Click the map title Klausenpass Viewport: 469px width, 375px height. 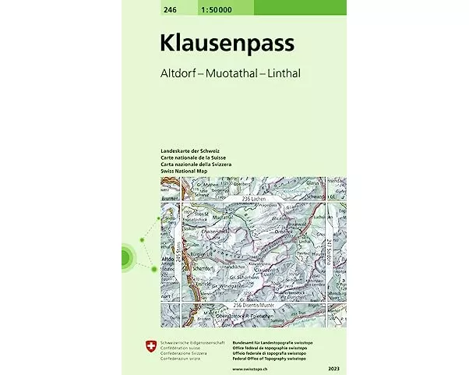227,43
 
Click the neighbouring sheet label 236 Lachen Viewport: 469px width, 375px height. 256,200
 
